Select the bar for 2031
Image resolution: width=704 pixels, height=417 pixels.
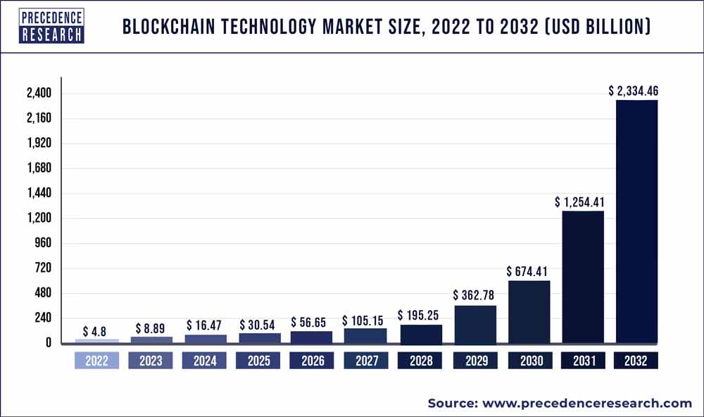(x=582, y=277)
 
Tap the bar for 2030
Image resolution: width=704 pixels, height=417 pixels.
(x=528, y=311)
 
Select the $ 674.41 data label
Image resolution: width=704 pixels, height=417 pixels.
(x=528, y=272)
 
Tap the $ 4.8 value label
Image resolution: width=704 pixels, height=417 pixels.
(x=95, y=330)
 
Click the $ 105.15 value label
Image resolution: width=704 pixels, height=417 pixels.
(x=365, y=320)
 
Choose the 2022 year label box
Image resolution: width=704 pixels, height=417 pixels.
(x=96, y=361)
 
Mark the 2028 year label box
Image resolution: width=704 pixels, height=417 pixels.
(x=420, y=361)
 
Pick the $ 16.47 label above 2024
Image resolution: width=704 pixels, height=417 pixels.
(x=203, y=325)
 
